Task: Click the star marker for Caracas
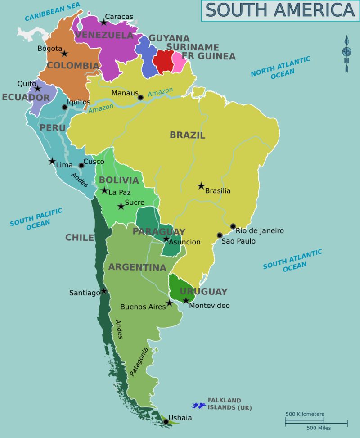pyautogui.click(x=103, y=22)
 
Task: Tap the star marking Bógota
pyautogui.click(x=64, y=54)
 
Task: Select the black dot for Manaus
pyautogui.click(x=140, y=97)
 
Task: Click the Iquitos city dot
pyautogui.click(x=64, y=107)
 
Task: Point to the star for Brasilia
pyautogui.click(x=201, y=185)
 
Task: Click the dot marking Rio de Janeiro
pyautogui.click(x=233, y=226)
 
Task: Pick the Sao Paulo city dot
pyautogui.click(x=220, y=235)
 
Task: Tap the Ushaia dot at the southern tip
pyautogui.click(x=166, y=422)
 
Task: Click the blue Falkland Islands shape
pyautogui.click(x=198, y=406)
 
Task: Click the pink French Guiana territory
pyautogui.click(x=179, y=63)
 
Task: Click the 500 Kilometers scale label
pyautogui.click(x=305, y=414)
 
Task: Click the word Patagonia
pyautogui.click(x=139, y=361)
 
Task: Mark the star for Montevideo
pyautogui.click(x=186, y=300)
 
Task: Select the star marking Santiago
pyautogui.click(x=104, y=291)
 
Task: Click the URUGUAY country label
pyautogui.click(x=203, y=291)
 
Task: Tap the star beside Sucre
pyautogui.click(x=121, y=206)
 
